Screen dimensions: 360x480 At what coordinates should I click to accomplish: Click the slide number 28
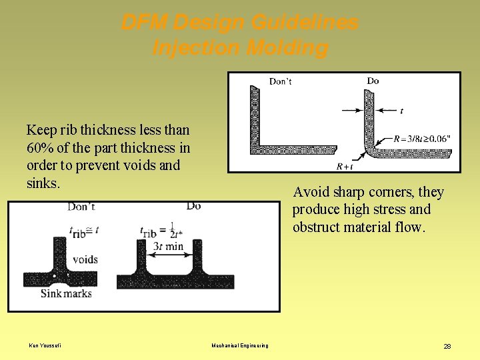pos(447,346)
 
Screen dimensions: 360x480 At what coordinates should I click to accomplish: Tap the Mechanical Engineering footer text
pos(239,345)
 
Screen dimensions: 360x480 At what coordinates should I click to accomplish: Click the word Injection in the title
pos(193,48)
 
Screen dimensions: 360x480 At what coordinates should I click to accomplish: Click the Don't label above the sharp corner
pos(280,81)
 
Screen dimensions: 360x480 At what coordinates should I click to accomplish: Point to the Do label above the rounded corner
pos(373,81)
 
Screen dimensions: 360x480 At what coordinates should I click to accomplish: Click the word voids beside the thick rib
pos(85,259)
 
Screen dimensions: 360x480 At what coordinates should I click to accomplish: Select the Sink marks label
pos(66,293)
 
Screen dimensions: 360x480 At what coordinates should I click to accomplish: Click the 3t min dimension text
pos(168,246)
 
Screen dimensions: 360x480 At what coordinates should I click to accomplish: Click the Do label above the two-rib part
pos(193,206)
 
